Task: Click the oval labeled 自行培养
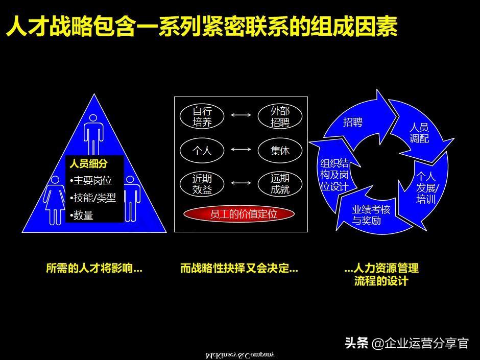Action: click(202, 116)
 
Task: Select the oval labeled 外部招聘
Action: click(280, 116)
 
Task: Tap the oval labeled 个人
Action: click(202, 150)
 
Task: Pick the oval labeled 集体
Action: click(280, 150)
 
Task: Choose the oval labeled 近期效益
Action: click(202, 184)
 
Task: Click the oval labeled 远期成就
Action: click(280, 184)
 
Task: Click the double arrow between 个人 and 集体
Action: click(241, 150)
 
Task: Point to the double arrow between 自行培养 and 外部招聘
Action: click(241, 115)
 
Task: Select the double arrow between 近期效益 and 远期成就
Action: click(241, 183)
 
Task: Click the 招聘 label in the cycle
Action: click(353, 123)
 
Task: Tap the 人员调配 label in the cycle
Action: click(419, 133)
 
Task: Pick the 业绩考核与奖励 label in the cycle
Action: click(371, 215)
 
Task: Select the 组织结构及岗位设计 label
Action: click(334, 175)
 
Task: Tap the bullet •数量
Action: click(82, 215)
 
